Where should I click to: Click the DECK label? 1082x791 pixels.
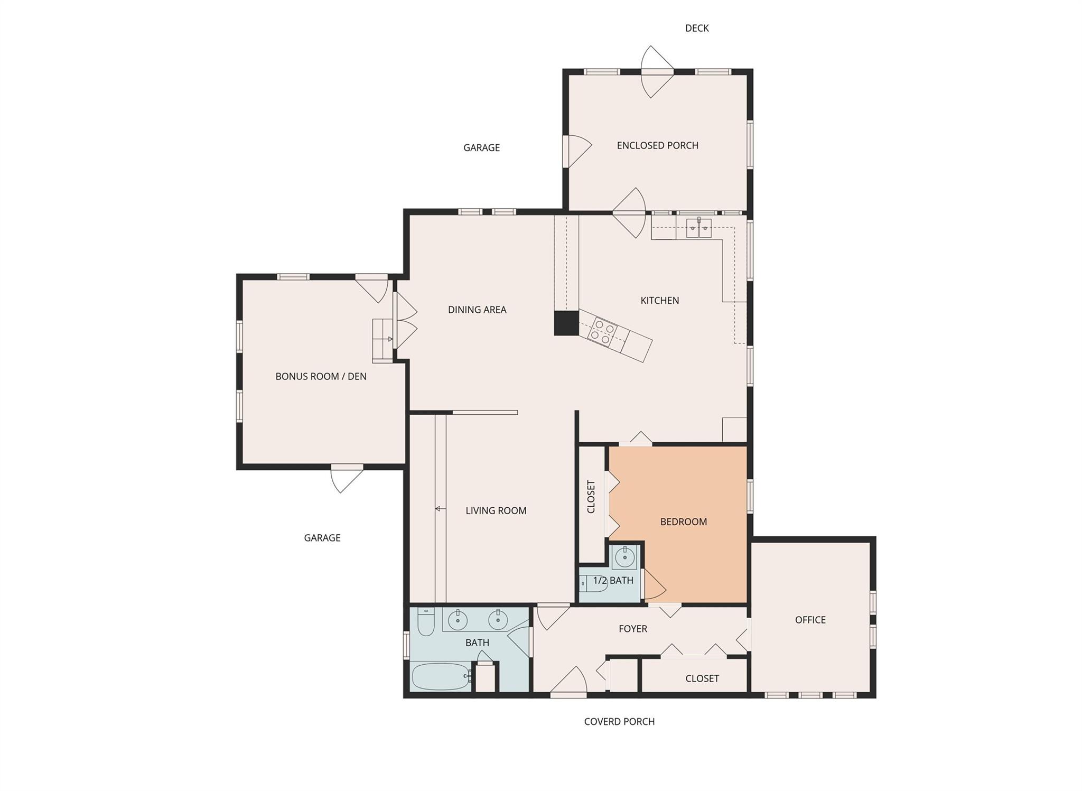pos(696,29)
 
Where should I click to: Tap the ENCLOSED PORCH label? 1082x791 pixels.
pos(657,145)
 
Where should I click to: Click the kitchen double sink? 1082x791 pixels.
pos(698,228)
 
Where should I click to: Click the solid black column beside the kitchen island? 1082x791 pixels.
pos(566,323)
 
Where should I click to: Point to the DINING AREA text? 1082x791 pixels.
pos(477,310)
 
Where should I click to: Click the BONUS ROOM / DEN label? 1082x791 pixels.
pos(321,376)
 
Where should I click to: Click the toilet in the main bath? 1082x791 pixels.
pos(425,622)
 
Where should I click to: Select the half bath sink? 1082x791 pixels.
pos(625,557)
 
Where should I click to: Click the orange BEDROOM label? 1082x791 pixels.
pos(683,522)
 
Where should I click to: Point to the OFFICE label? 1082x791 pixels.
pos(810,620)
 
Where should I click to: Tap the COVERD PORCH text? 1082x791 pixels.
pos(619,722)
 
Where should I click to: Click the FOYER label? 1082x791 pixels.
pos(632,629)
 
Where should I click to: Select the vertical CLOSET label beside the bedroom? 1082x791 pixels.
pos(591,497)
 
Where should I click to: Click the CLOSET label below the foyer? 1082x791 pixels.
pos(702,678)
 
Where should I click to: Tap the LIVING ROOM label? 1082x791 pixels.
pos(496,510)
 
